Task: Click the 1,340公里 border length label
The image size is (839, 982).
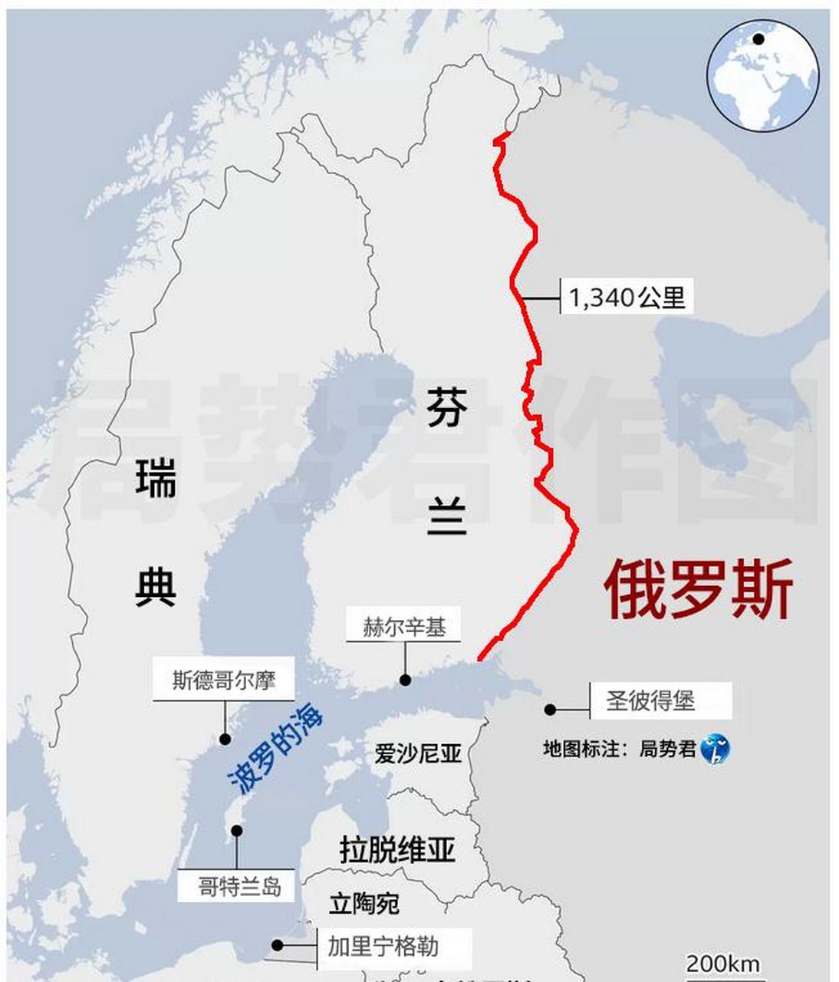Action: tap(627, 297)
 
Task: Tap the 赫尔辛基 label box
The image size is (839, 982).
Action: tap(403, 627)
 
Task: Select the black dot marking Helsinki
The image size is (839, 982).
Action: tap(405, 680)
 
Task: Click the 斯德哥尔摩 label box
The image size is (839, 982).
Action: tap(223, 680)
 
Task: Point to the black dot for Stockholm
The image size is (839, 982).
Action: tap(225, 739)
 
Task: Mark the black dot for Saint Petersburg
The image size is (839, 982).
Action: tap(550, 710)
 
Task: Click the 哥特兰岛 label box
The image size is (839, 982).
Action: tap(239, 887)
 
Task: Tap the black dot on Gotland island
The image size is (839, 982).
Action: tap(237, 831)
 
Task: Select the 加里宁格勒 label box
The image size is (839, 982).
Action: tap(383, 947)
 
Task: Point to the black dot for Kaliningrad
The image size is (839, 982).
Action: tap(278, 946)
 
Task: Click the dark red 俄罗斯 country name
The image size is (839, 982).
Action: tap(699, 590)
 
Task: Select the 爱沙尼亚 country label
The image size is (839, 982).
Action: tap(418, 753)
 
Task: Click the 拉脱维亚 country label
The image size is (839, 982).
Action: tap(397, 850)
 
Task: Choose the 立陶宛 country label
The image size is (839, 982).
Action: tap(364, 903)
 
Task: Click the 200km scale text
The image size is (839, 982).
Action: tap(722, 964)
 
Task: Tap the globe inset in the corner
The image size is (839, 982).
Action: tap(762, 74)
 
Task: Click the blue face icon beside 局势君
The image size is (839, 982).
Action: tap(715, 749)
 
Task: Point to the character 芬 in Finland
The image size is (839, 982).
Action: tap(446, 407)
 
